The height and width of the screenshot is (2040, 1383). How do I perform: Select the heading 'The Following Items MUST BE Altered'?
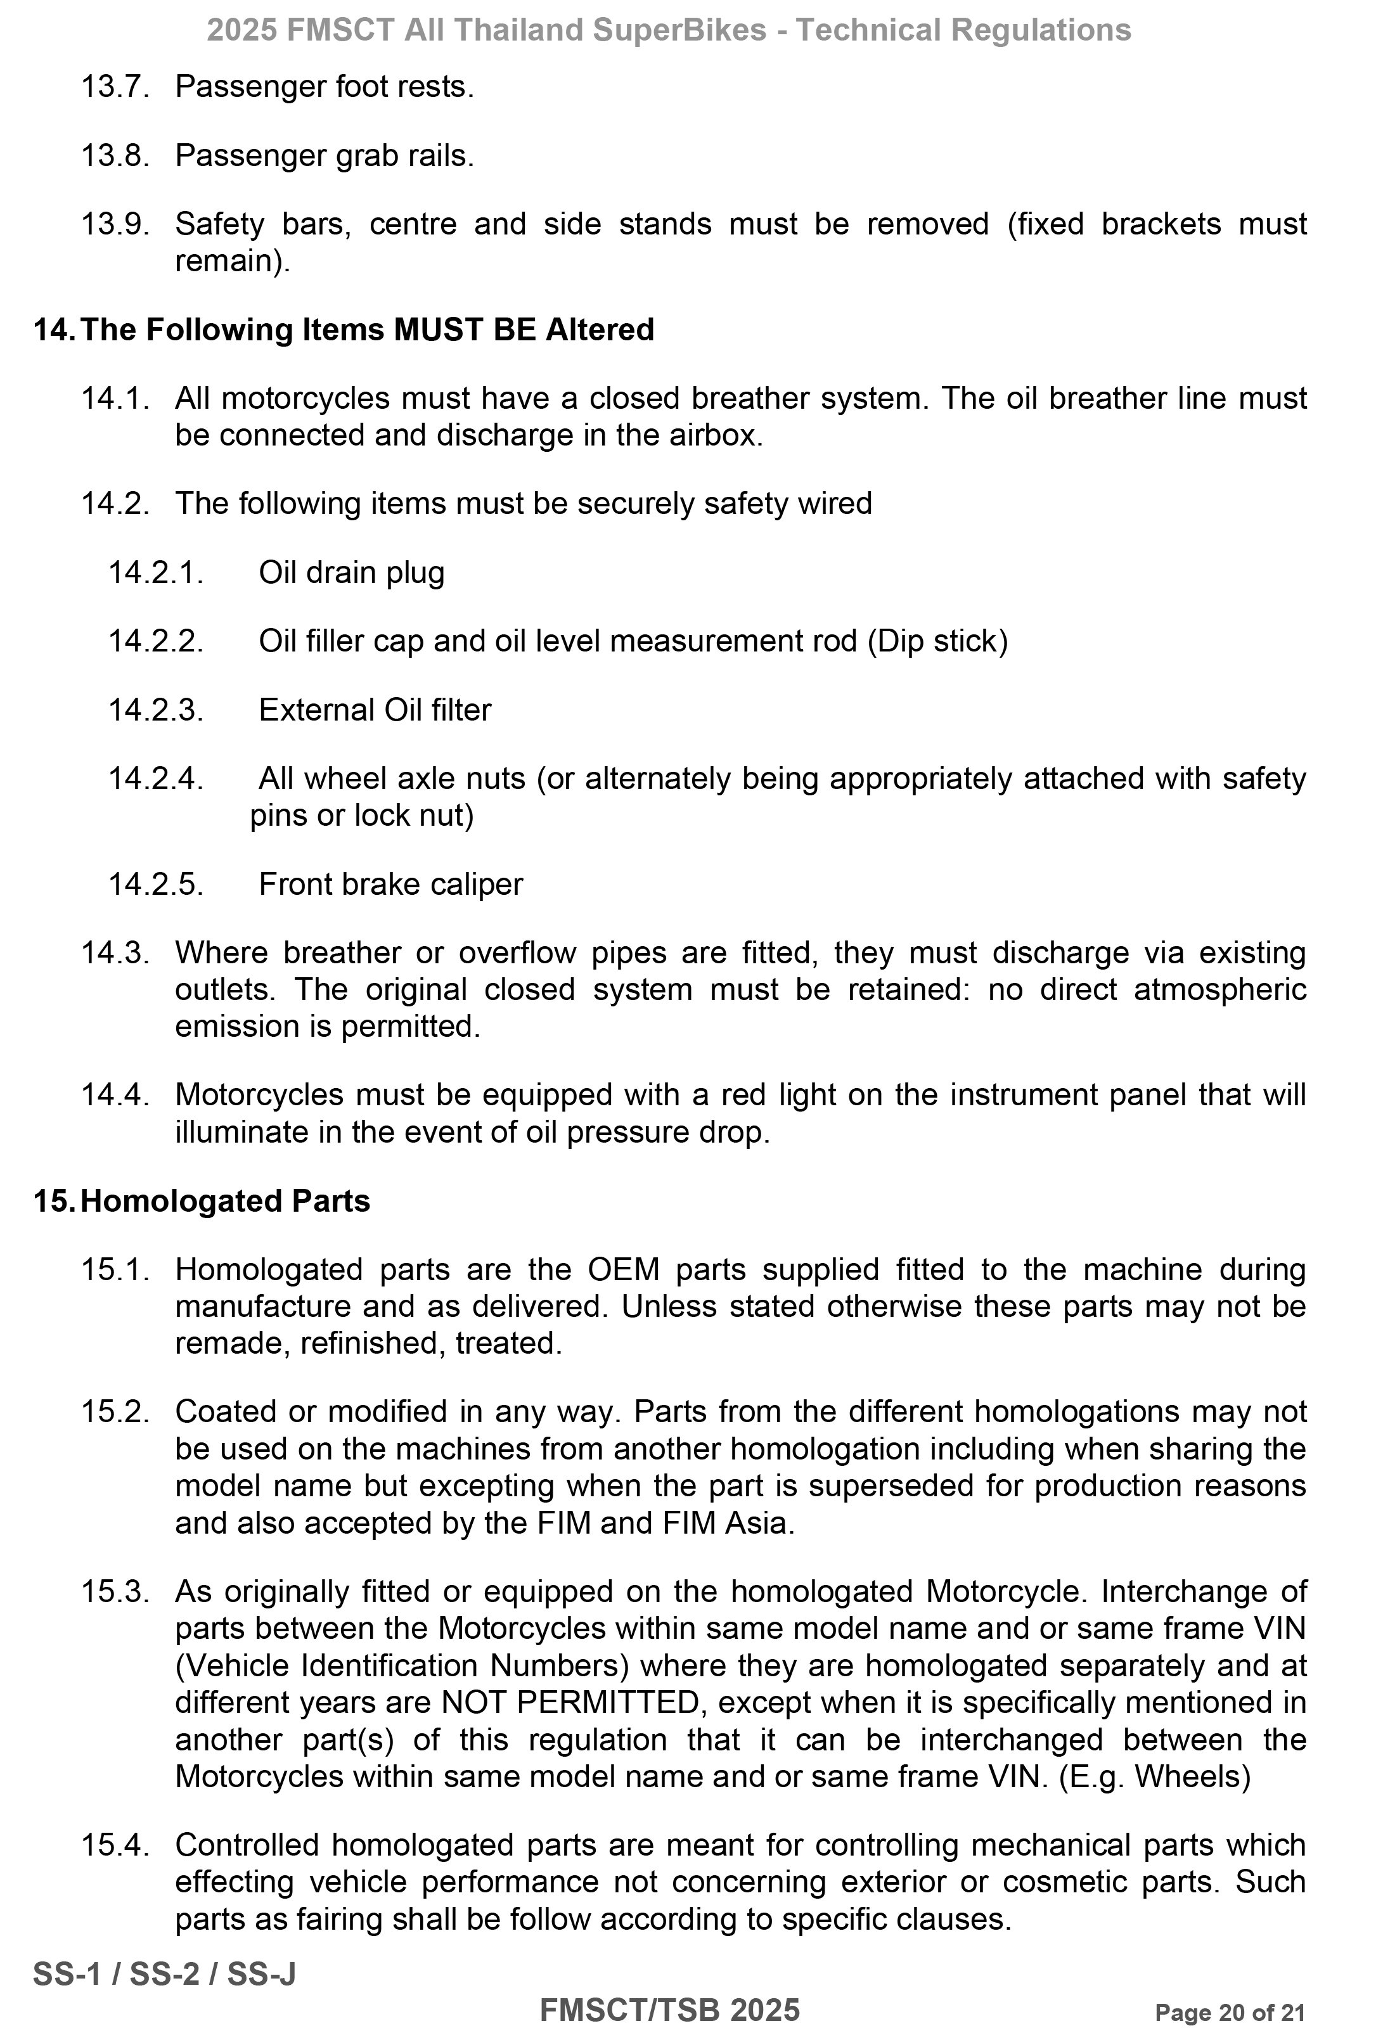(366, 330)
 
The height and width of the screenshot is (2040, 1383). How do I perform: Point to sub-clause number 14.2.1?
(155, 573)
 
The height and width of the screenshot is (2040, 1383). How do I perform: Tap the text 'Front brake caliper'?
(391, 884)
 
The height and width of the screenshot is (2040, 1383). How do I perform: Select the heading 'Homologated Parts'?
(225, 1201)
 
